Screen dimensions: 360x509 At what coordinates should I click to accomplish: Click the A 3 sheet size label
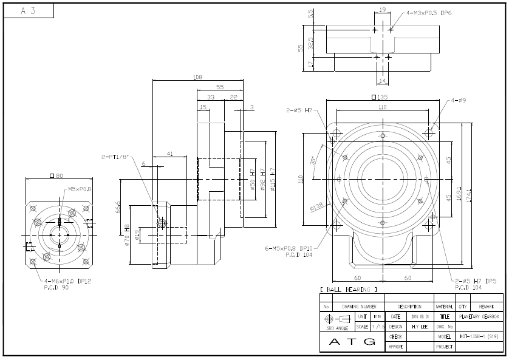pos(27,11)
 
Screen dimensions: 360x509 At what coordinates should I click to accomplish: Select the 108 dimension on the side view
pos(197,77)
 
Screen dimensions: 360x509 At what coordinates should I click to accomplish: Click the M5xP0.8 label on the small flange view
pos(80,189)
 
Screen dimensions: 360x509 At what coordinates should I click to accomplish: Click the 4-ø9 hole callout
pos(460,101)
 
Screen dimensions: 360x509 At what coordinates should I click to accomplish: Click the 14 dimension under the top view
pos(382,80)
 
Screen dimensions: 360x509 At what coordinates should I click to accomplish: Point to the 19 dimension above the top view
pos(382,10)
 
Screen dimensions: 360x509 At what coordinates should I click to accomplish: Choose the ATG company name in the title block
pos(352,342)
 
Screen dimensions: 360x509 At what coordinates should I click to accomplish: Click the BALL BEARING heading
pos(348,290)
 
